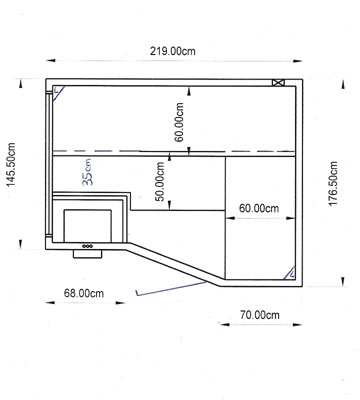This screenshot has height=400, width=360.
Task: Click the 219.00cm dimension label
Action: (x=173, y=51)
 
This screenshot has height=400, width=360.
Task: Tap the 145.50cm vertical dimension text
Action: (x=11, y=165)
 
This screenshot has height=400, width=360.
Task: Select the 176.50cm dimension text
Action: (x=333, y=183)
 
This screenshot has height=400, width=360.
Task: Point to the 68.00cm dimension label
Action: (x=84, y=293)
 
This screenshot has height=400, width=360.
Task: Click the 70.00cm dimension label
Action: (x=260, y=315)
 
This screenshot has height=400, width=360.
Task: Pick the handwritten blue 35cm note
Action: (x=87, y=172)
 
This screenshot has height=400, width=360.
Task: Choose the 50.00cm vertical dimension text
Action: (x=160, y=181)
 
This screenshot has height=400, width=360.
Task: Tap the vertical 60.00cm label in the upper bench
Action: (x=179, y=122)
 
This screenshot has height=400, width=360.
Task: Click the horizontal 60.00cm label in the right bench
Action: (x=259, y=208)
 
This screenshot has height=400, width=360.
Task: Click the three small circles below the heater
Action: (x=88, y=246)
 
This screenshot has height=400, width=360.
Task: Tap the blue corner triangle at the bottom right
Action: (x=289, y=273)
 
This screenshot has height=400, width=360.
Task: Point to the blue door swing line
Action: (x=171, y=289)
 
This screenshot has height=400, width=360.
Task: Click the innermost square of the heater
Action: (x=88, y=226)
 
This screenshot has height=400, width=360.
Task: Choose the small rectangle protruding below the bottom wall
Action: (x=88, y=254)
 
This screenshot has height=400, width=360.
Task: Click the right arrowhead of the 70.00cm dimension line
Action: (x=298, y=324)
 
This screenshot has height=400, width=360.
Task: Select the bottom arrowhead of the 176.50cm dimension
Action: (x=343, y=282)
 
